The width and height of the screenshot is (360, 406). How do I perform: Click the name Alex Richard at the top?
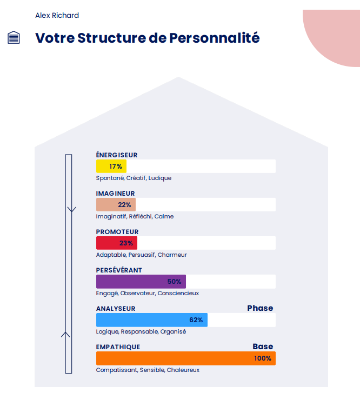[x=57, y=15]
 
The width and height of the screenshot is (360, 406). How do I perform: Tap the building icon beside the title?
[x=14, y=38]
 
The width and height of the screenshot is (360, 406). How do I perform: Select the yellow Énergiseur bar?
[x=111, y=167]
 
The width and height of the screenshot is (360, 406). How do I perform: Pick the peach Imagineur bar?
[x=116, y=205]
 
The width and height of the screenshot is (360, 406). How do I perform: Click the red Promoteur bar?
[x=116, y=243]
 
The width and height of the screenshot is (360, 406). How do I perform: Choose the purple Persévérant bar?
[x=141, y=282]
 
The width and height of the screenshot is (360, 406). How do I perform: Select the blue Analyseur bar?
[x=151, y=320]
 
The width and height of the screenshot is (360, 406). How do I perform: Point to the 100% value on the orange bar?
[x=263, y=358]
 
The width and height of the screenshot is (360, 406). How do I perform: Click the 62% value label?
[x=196, y=320]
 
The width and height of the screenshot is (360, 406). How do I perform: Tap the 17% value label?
[x=116, y=167]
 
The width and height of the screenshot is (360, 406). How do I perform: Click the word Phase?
[x=260, y=308]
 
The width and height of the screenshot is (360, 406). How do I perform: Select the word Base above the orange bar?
[x=263, y=347]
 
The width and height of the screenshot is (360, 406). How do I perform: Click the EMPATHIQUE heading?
[x=118, y=347]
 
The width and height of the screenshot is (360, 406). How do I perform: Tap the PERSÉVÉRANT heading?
[x=119, y=270]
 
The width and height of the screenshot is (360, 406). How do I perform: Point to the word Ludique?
[x=160, y=178]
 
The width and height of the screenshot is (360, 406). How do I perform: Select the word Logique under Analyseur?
[x=106, y=331]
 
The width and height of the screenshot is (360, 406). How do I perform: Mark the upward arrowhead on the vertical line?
[x=66, y=334]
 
